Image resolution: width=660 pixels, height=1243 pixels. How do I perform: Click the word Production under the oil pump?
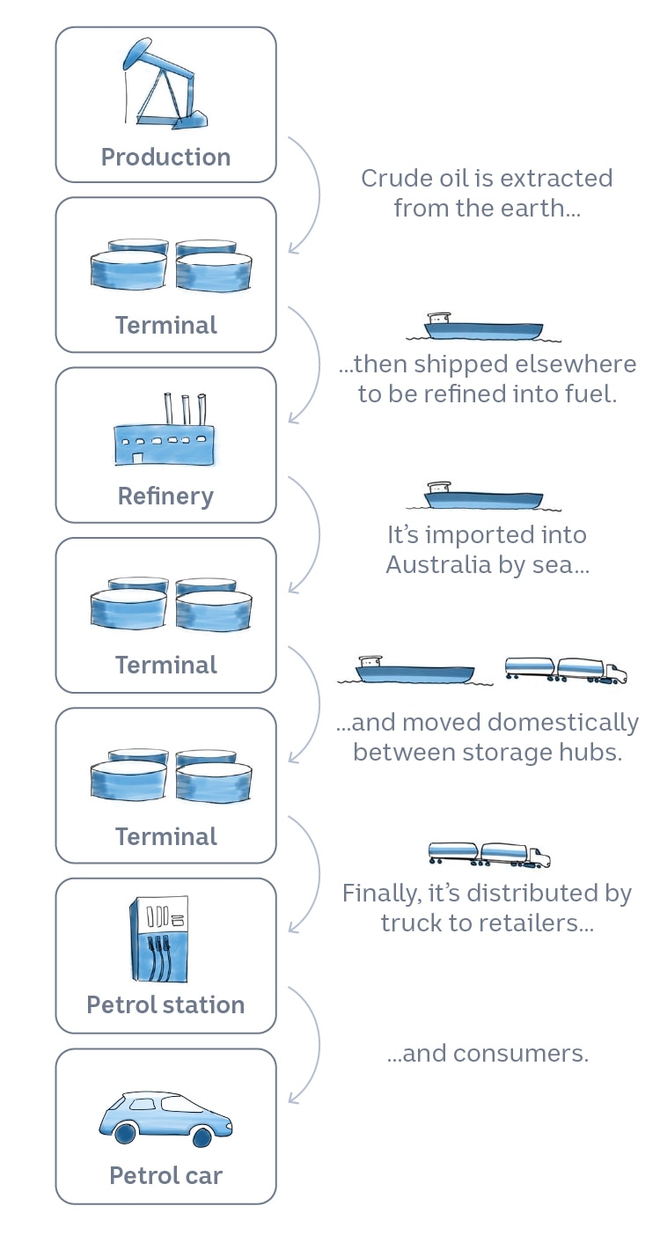[165, 158]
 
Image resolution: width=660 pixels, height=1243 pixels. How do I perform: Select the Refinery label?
[165, 496]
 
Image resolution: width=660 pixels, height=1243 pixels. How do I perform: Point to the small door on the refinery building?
[137, 458]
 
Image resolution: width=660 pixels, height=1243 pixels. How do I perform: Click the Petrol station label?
[165, 1005]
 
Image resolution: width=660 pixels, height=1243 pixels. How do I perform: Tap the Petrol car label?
[165, 1175]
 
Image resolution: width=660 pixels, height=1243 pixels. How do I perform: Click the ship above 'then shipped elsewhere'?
[483, 327]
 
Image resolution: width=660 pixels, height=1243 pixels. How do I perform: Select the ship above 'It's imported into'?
[483, 497]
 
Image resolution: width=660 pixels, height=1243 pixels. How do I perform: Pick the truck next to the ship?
[566, 671]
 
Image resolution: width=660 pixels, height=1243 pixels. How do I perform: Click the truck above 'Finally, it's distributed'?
[489, 853]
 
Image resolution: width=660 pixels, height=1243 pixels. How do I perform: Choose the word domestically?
[562, 724]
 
